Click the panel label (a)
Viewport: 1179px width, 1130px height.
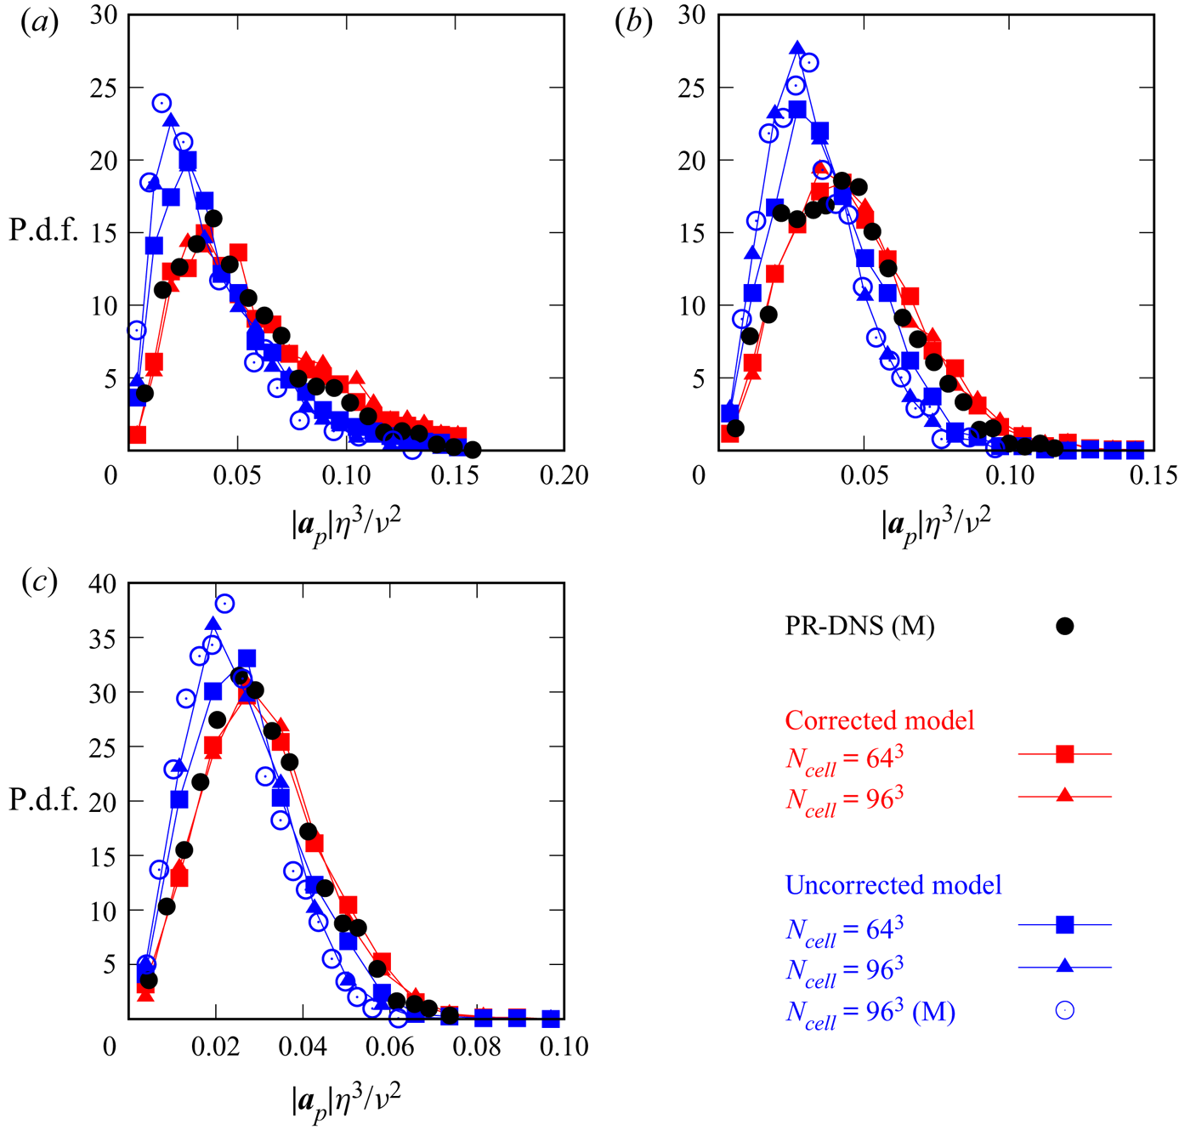39,23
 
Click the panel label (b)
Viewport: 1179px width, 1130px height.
633,23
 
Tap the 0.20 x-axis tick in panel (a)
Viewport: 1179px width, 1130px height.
564,474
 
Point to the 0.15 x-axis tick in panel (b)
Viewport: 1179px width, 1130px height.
1153,474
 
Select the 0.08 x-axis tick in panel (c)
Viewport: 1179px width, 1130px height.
477,1046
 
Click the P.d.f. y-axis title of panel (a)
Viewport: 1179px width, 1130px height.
43,231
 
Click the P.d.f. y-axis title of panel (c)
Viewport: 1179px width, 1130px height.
43,800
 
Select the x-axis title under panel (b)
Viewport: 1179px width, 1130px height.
936,525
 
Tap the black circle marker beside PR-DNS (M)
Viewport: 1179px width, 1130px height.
1064,627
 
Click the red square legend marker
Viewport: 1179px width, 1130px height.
1064,753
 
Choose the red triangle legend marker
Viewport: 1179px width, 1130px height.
1064,796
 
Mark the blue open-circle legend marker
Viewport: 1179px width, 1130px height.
1064,1010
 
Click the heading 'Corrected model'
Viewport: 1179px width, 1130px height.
879,720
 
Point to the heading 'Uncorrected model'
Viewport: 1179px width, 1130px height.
893,885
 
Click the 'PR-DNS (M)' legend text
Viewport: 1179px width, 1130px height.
859,627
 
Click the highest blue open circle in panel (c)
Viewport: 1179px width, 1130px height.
224,604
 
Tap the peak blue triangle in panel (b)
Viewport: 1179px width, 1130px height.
796,48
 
